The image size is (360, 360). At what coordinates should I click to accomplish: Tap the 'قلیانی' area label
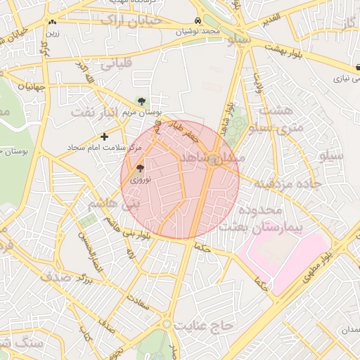(116, 65)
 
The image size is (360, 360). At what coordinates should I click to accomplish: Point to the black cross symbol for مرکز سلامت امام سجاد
(105, 136)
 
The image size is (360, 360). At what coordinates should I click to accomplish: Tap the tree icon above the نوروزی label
(139, 168)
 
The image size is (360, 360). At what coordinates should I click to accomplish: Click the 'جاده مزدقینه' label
(288, 184)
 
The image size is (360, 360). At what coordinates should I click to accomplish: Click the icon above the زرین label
(53, 23)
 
